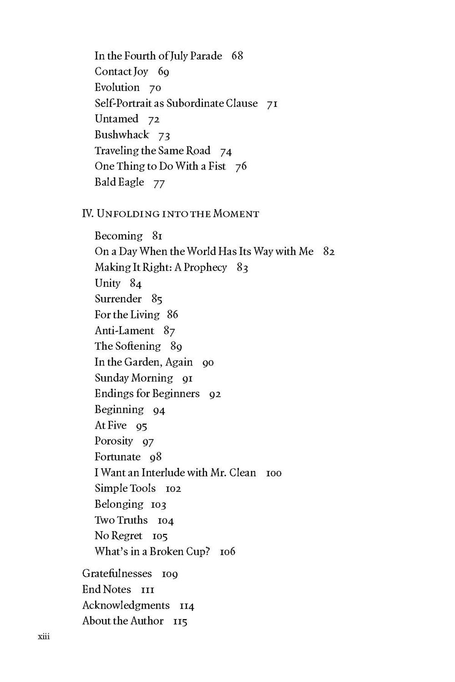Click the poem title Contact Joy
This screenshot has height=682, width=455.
click(x=121, y=72)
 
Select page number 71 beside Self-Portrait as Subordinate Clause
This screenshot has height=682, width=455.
click(x=272, y=104)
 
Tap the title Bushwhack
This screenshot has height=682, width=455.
click(x=121, y=135)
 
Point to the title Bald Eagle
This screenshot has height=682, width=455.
click(x=119, y=182)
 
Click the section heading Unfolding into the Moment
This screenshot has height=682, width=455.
click(x=171, y=214)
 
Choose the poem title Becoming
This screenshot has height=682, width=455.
click(x=118, y=236)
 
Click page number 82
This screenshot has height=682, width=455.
click(x=329, y=251)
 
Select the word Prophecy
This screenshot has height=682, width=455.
click(x=205, y=267)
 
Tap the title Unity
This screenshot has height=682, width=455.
click(x=107, y=283)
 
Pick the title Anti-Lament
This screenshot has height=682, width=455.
click(x=124, y=331)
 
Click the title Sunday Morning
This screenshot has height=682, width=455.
click(x=134, y=378)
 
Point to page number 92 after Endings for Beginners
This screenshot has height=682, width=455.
click(x=215, y=394)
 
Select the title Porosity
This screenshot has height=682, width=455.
click(x=114, y=441)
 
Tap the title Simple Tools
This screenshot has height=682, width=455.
click(x=125, y=488)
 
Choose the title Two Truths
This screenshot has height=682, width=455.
click(x=121, y=520)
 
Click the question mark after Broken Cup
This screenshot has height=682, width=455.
click(x=207, y=552)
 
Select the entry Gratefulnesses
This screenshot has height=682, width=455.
click(x=117, y=573)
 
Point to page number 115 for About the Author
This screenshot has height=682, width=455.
click(x=180, y=622)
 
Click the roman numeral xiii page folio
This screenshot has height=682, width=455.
click(x=43, y=637)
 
